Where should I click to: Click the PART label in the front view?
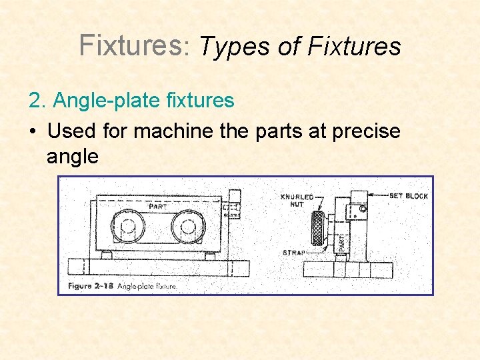[159, 206]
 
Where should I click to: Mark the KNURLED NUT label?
[297, 201]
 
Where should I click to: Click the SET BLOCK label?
[408, 195]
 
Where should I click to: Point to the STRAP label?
[293, 253]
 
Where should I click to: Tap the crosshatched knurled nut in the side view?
[317, 229]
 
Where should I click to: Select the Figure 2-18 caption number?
[91, 286]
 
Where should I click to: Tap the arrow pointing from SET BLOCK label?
[379, 195]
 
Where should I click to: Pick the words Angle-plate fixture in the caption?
[147, 286]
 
